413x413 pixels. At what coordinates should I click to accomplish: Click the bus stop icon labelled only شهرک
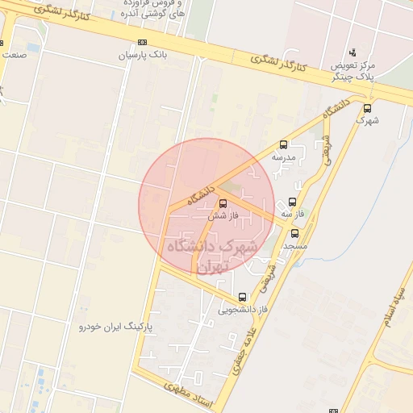tap(368, 108)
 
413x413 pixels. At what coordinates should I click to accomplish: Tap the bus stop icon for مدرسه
tap(283, 145)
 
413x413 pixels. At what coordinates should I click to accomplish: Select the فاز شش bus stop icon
tap(223, 203)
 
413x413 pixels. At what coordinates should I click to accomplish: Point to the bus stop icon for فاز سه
tap(292, 202)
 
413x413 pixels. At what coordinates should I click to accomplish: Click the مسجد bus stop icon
tap(294, 233)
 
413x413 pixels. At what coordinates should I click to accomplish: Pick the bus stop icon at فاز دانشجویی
tap(243, 297)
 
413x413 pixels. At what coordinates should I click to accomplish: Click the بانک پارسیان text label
tap(142, 56)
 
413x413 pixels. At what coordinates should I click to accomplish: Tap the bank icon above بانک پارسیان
tap(143, 43)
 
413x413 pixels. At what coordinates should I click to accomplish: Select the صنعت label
tap(14, 55)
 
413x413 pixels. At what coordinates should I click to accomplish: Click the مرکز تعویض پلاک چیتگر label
tap(353, 70)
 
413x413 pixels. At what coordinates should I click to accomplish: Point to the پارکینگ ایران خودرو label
tap(116, 327)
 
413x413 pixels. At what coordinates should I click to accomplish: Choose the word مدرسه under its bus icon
tap(283, 158)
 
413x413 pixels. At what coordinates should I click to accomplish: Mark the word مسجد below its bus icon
tap(295, 245)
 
